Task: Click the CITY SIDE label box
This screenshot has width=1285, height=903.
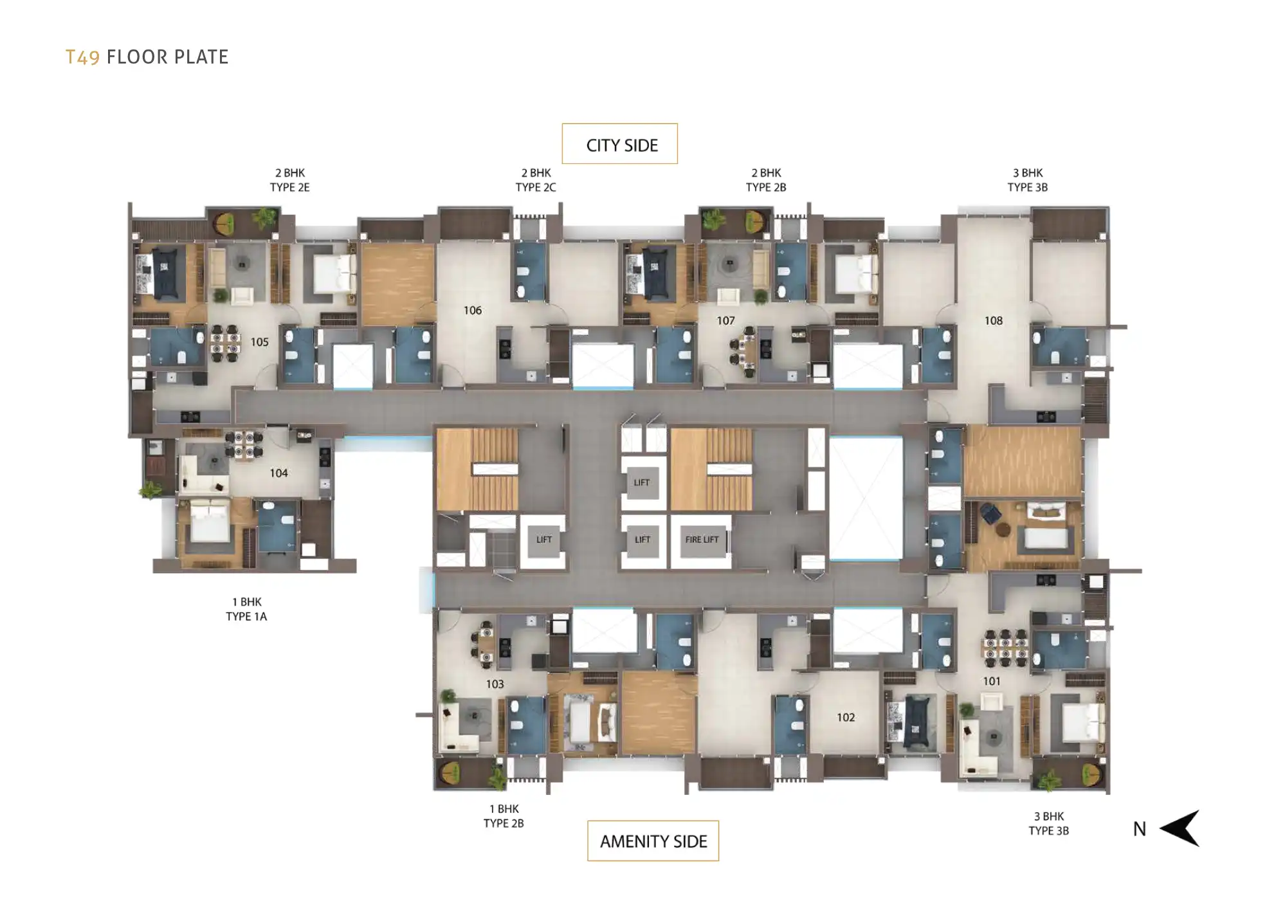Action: click(x=619, y=143)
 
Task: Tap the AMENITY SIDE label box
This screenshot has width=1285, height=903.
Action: click(x=653, y=841)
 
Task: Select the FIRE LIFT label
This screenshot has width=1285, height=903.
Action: click(x=702, y=540)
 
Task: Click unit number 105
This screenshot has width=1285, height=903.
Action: click(x=260, y=342)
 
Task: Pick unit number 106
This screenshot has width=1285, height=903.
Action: click(x=473, y=311)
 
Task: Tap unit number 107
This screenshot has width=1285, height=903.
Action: click(x=726, y=321)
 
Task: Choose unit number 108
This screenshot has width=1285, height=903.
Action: click(x=994, y=321)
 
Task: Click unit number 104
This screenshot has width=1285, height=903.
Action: click(x=278, y=473)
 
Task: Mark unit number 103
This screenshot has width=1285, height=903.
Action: click(x=495, y=684)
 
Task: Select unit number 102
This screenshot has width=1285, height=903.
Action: click(x=846, y=718)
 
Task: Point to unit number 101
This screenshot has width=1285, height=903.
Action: click(x=992, y=682)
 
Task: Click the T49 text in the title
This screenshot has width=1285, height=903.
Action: click(x=82, y=57)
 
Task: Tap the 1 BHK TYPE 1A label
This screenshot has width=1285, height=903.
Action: click(x=246, y=609)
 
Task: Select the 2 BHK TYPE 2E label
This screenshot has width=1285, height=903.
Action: click(x=290, y=180)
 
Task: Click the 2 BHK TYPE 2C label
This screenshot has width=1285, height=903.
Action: click(x=536, y=180)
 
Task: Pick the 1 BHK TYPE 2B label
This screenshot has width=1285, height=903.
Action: click(x=504, y=816)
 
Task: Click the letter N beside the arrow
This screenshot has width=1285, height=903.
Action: click(x=1140, y=830)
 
